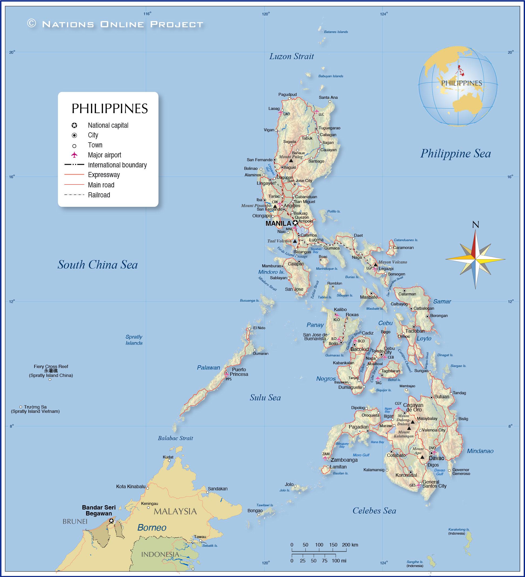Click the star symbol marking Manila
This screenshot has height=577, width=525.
pyautogui.click(x=295, y=223)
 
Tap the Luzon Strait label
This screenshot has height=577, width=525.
pyautogui.click(x=291, y=56)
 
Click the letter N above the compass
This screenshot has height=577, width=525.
pyautogui.click(x=476, y=225)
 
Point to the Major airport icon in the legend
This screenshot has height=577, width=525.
pyautogui.click(x=75, y=155)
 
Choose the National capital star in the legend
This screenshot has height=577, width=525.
pyautogui.click(x=75, y=125)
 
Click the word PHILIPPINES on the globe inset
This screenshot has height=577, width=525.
pyautogui.click(x=462, y=83)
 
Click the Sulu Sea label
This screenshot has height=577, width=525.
pyautogui.click(x=265, y=397)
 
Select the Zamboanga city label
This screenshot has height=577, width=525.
pyautogui.click(x=344, y=460)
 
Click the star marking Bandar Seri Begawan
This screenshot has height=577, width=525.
pyautogui.click(x=111, y=521)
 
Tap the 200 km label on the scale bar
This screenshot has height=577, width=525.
pyautogui.click(x=350, y=545)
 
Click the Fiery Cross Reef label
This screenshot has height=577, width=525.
pyautogui.click(x=51, y=366)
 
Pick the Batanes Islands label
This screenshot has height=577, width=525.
pyautogui.click(x=336, y=32)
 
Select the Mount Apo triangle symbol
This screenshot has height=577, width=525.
pyautogui.click(x=422, y=457)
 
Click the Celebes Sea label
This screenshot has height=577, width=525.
pyautogui.click(x=374, y=511)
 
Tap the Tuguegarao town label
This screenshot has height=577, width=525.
pyautogui.click(x=329, y=128)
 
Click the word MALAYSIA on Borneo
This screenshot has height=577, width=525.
pyautogui.click(x=175, y=511)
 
